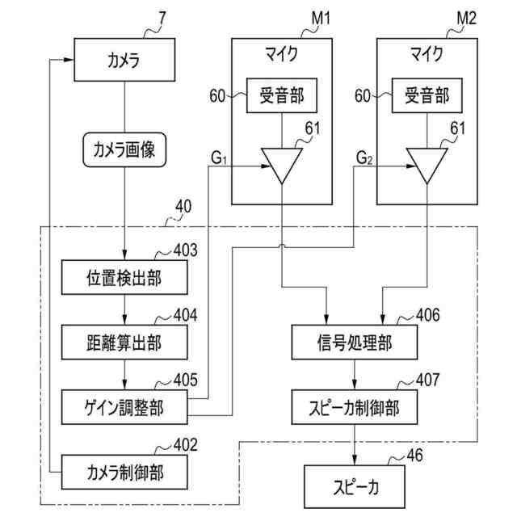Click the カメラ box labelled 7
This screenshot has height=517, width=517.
tap(124, 60)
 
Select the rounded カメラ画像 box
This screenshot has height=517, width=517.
tap(124, 149)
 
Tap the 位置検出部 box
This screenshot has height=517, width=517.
tap(124, 277)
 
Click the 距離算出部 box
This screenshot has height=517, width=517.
tap(124, 343)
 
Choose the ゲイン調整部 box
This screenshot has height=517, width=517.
tap(124, 407)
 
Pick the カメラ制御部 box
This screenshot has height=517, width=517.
tap(124, 472)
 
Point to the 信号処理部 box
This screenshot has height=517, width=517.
tap(355, 343)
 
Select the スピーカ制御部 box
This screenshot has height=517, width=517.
tap(355, 407)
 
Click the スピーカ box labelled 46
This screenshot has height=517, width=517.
tap(355, 486)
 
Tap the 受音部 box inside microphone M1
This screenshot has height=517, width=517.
tap(282, 95)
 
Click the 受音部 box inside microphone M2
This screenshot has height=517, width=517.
tap(427, 95)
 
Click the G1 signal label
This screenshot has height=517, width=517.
tap(219, 158)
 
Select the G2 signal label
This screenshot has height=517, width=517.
tap(364, 158)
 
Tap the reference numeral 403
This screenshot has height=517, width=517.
tap(186, 250)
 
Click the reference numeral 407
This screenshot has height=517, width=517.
tap(428, 380)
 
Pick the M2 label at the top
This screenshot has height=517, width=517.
tap(467, 18)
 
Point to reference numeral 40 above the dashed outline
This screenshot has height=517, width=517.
tap(183, 207)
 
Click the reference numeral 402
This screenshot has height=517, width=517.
tap(186, 445)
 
